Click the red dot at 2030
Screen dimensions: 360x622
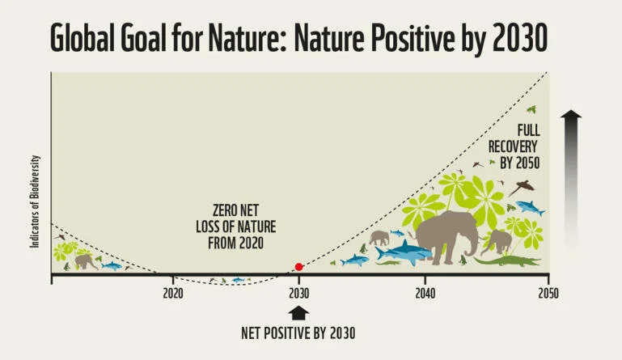pos(298,266)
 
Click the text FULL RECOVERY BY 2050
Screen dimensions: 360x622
pos(514,145)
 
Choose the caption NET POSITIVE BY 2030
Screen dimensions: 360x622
pos(298,333)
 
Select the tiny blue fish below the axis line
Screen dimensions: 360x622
pos(238,280)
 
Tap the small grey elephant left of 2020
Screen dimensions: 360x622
pos(85,261)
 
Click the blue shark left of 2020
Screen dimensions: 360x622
pos(111,265)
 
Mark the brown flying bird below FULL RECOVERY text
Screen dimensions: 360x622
pos(523,185)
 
